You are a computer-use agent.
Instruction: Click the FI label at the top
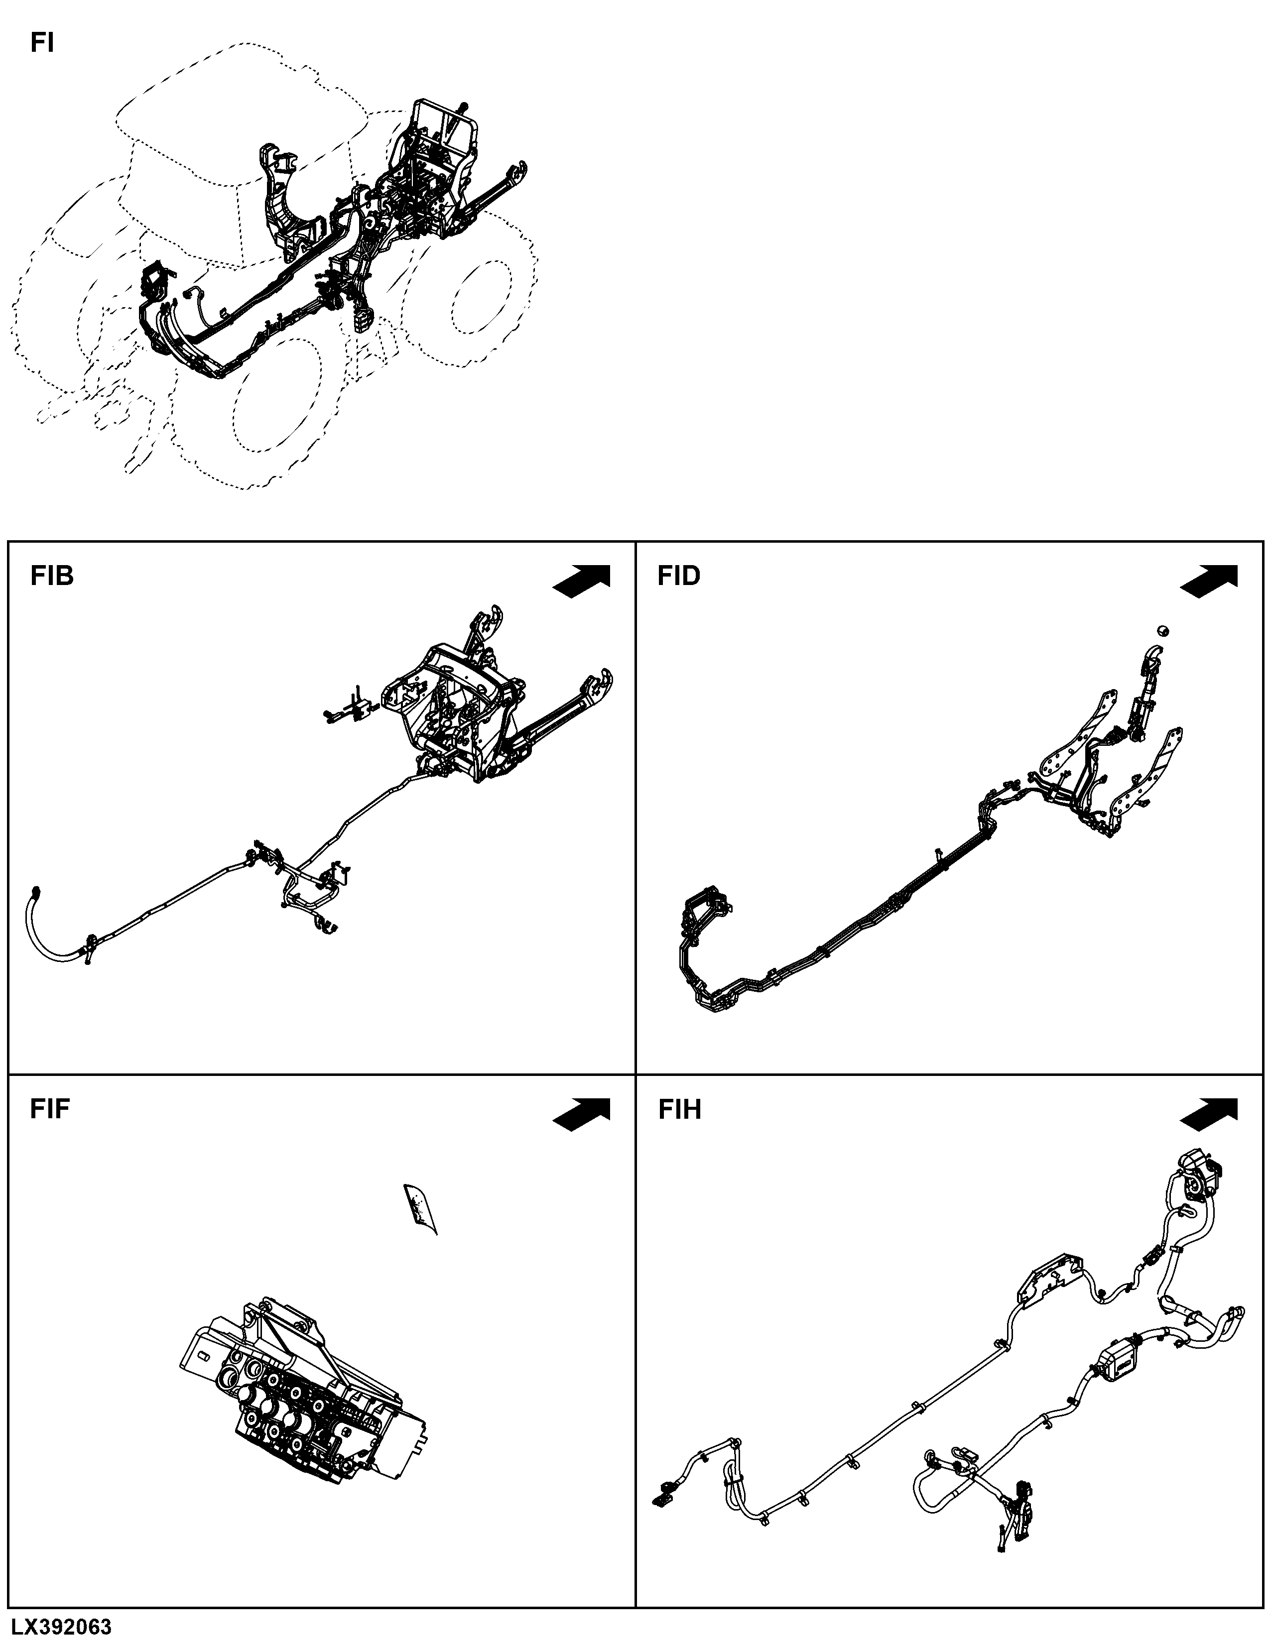tap(42, 44)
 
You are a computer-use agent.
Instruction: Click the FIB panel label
tap(52, 576)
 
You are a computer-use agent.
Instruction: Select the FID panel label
tap(679, 576)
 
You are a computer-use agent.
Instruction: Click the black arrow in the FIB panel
tap(582, 582)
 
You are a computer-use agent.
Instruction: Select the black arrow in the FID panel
tap(1209, 582)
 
